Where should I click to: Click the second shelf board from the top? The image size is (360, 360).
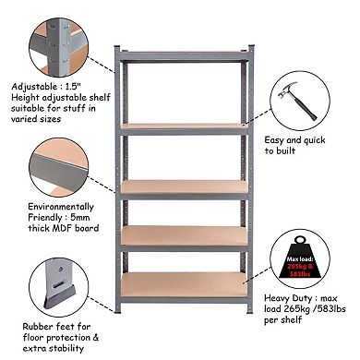pos(184,126)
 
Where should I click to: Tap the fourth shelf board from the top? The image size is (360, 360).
pos(184,236)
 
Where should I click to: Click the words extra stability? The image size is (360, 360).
pos(36,349)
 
